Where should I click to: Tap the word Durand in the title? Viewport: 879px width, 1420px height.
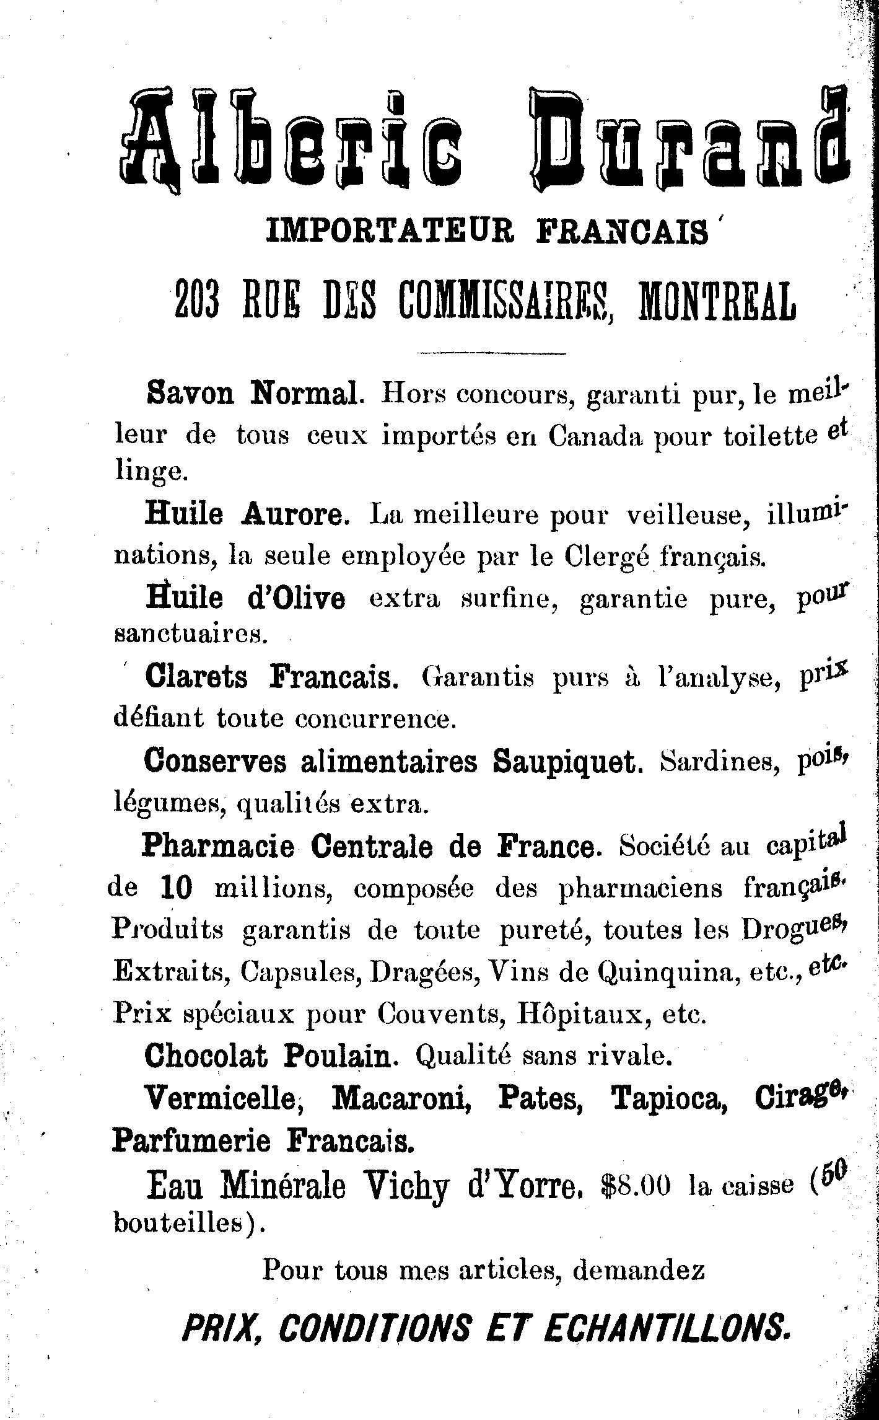coord(688,139)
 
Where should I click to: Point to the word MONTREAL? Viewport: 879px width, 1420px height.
coord(716,301)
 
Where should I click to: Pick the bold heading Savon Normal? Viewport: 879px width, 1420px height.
coord(252,394)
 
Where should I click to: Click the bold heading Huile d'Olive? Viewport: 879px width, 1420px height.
coord(245,598)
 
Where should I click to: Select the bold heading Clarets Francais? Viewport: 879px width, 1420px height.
coord(269,677)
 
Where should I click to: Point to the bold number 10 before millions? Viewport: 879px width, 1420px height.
coord(176,889)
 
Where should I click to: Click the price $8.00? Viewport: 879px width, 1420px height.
coord(636,1184)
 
